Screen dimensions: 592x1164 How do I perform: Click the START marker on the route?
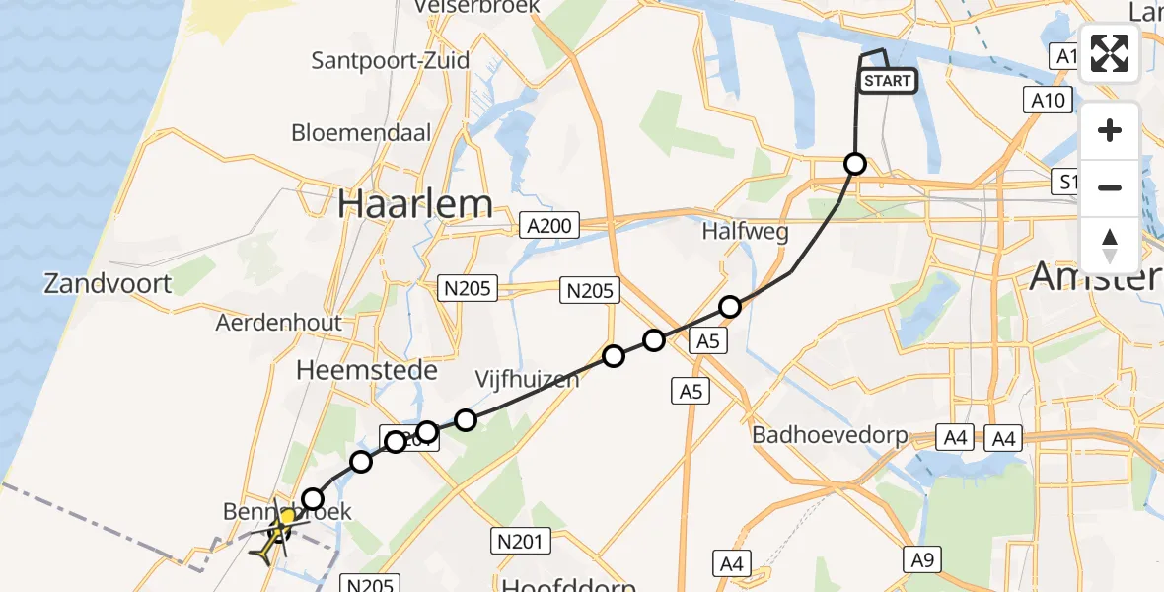tap(888, 81)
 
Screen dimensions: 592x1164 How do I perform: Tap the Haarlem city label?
tap(414, 204)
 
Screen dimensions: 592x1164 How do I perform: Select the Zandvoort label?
tap(108, 284)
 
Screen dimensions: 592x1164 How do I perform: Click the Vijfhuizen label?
tap(527, 379)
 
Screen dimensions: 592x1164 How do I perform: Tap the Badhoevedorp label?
tap(830, 435)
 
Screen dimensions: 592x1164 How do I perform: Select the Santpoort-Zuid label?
tap(391, 60)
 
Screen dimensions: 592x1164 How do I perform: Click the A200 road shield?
tap(548, 227)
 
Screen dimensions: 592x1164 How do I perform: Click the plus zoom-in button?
tap(1110, 130)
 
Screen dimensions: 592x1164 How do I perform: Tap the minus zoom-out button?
tap(1110, 187)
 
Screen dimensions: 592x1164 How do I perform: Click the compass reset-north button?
tap(1110, 245)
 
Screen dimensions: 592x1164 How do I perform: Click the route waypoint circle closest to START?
tap(855, 164)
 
